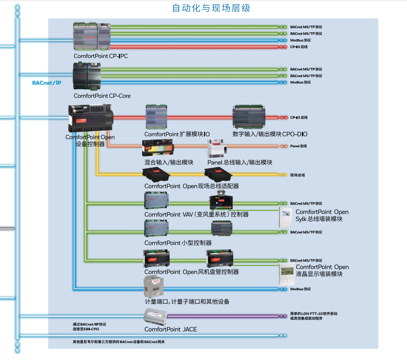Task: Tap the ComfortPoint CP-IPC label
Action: pos(100,56)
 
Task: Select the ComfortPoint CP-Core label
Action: pos(102,95)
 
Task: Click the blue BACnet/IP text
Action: pos(47,82)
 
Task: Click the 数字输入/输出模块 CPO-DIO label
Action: pos(270,134)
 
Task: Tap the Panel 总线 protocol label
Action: pos(298,146)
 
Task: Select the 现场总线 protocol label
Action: pos(297,175)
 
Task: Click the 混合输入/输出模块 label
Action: pos(169,163)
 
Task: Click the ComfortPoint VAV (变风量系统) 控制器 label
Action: pos(196,214)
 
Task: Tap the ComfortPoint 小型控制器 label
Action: pos(178,243)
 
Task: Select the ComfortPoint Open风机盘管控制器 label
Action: pos(192,271)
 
